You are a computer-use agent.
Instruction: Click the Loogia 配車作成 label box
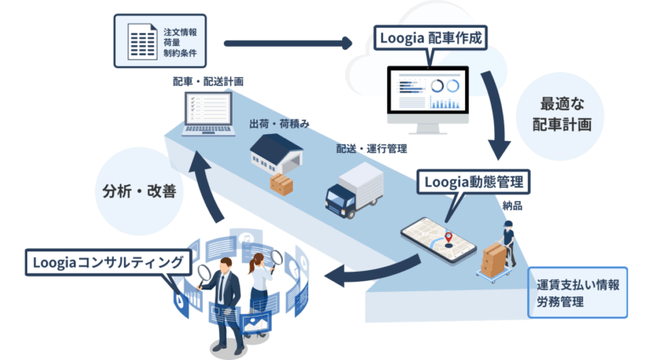click(430, 38)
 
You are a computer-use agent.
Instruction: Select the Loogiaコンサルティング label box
click(106, 262)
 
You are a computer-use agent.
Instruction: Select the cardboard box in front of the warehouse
click(279, 183)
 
